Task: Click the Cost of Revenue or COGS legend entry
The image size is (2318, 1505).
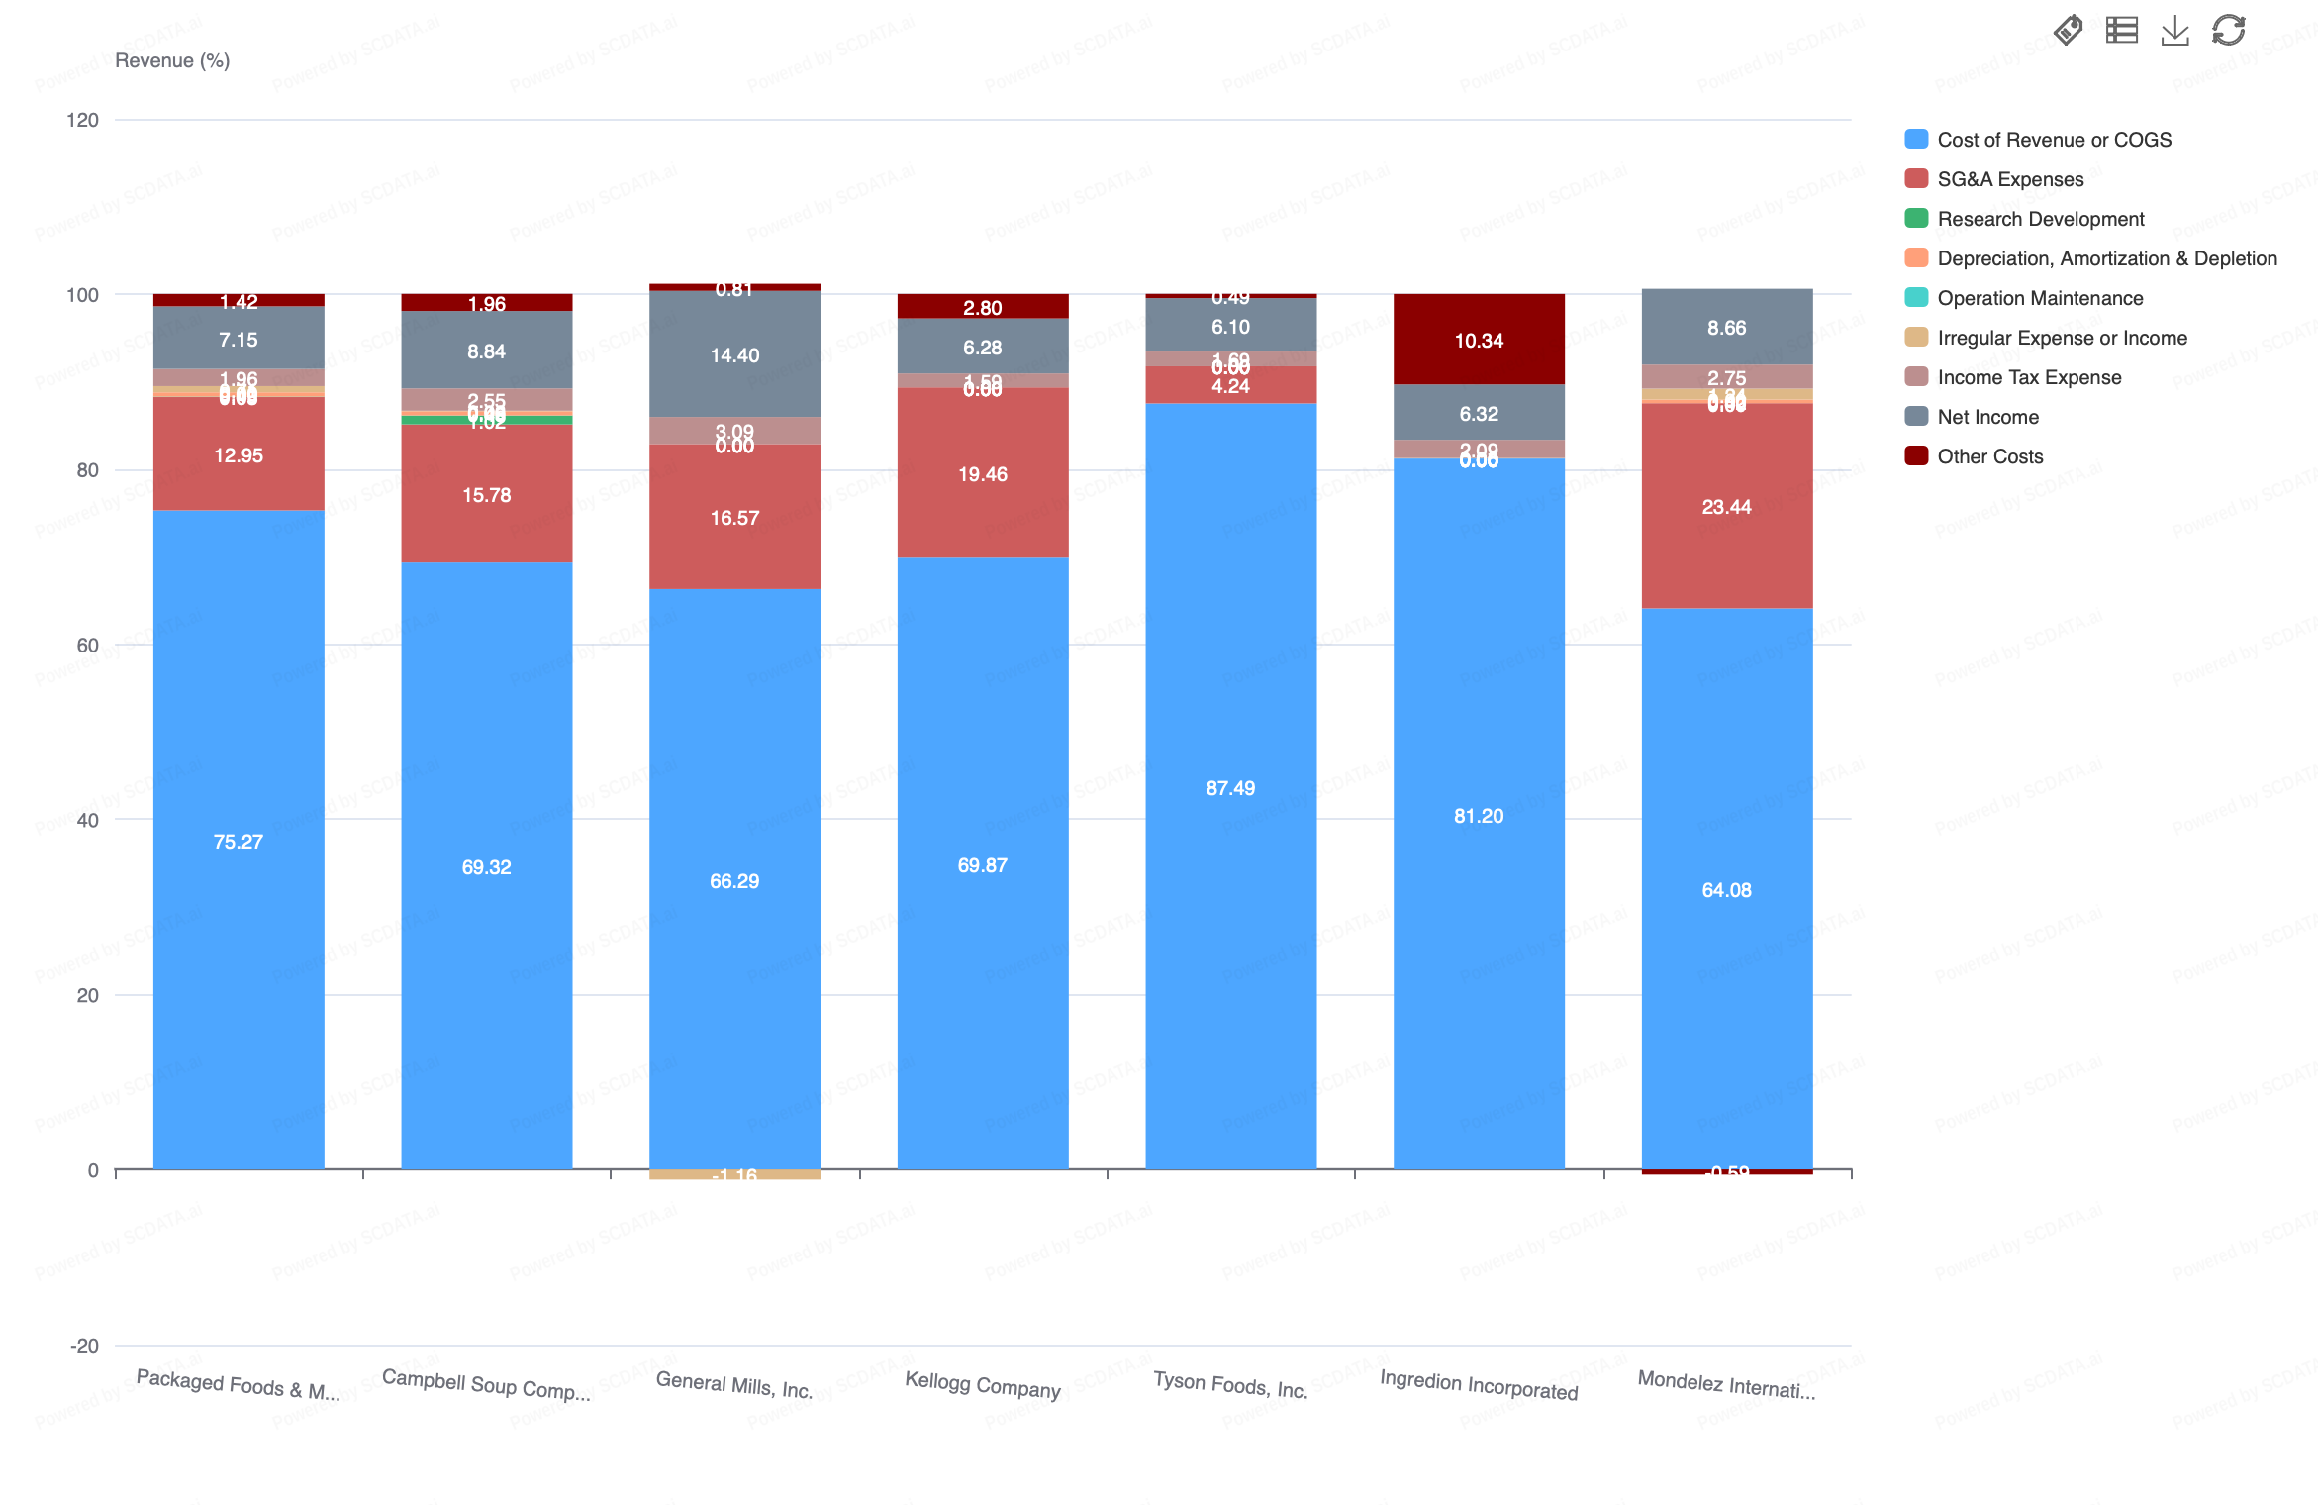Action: [2053, 140]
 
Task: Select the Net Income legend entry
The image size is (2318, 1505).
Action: [1986, 417]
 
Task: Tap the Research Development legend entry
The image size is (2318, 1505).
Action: [2039, 219]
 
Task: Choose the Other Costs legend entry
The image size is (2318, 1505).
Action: [1988, 456]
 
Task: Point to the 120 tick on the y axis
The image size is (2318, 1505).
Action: [83, 120]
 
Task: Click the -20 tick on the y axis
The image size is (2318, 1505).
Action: [84, 1346]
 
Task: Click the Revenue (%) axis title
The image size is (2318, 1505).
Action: [172, 60]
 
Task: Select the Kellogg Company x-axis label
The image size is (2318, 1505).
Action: [982, 1384]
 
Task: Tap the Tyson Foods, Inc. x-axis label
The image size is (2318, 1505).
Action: [1230, 1384]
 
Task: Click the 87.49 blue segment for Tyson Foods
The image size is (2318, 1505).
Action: [1230, 787]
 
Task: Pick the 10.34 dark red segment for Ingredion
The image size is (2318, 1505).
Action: [1479, 340]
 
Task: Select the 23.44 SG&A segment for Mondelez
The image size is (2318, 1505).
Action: [1726, 506]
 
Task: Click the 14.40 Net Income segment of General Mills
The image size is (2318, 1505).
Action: [734, 354]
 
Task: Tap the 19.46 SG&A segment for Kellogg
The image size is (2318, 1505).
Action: [982, 473]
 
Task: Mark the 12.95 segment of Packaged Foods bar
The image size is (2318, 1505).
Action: [239, 454]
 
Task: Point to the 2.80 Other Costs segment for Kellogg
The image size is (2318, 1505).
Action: [982, 307]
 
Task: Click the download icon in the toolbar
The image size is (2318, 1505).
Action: [2174, 31]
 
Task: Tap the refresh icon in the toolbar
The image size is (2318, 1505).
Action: [2228, 31]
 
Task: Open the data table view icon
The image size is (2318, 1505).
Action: [2121, 31]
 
